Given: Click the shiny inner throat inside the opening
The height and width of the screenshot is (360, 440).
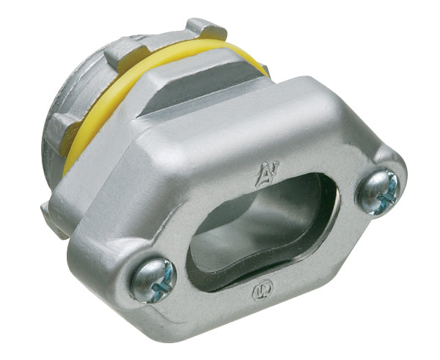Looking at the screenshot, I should [242, 220].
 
